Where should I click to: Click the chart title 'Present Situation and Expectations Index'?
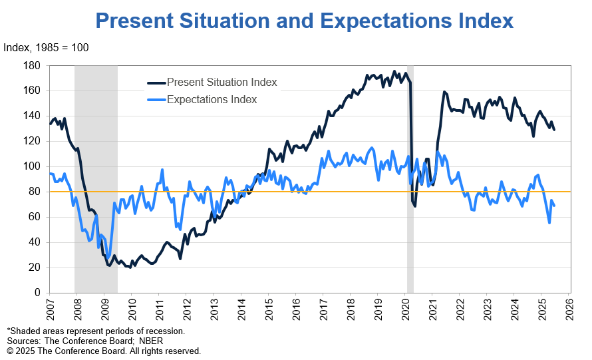pyautogui.click(x=305, y=20)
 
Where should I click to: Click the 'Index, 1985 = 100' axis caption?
pyautogui.click(x=46, y=48)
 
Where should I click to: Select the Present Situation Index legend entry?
pyautogui.click(x=222, y=83)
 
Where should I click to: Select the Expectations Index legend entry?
pyautogui.click(x=212, y=100)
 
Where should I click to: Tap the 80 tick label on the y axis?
pyautogui.click(x=35, y=192)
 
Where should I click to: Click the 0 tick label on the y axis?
pyautogui.click(x=38, y=293)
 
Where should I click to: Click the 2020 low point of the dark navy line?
pyautogui.click(x=415, y=206)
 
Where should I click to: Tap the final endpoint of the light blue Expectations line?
pyautogui.click(x=555, y=206)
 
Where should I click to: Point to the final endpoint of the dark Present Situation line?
pyautogui.click(x=554, y=130)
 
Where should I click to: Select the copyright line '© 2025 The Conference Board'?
pyautogui.click(x=103, y=351)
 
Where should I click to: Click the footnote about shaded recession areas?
pyautogui.click(x=96, y=331)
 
